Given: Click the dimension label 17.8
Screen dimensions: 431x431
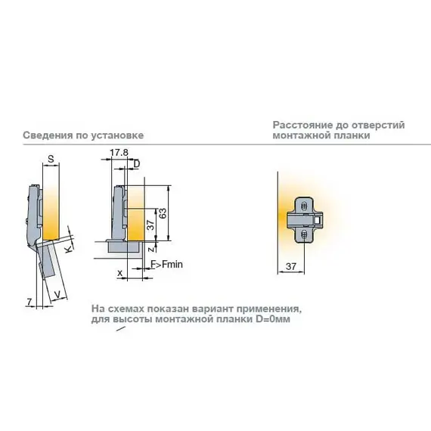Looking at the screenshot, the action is (x=119, y=153).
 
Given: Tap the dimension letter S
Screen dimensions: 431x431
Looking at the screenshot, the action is (x=51, y=159).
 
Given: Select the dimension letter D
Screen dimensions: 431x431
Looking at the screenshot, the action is (x=137, y=164).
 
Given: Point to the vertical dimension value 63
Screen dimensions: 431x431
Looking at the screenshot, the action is (x=163, y=213).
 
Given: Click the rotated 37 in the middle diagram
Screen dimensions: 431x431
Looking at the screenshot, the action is (x=150, y=225).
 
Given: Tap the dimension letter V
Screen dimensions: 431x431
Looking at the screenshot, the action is (x=57, y=295).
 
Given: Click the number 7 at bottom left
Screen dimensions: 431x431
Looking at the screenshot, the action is (x=29, y=302).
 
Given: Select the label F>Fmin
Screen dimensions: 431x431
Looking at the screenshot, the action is (x=166, y=265).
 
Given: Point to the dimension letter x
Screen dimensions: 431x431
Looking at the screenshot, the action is (x=119, y=273).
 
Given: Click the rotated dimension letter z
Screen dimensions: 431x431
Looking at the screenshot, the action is (x=150, y=250).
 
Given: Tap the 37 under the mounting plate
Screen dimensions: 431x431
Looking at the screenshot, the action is (x=291, y=266).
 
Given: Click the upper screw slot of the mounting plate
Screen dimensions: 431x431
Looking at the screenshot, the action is (x=304, y=206).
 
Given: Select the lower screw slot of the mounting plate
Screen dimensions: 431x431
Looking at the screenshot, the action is (x=304, y=234).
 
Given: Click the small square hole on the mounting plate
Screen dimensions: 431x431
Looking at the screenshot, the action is (x=318, y=220).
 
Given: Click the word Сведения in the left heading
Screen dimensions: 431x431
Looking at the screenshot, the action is (x=48, y=135).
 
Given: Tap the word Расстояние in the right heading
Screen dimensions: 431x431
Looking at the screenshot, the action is (x=302, y=126).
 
